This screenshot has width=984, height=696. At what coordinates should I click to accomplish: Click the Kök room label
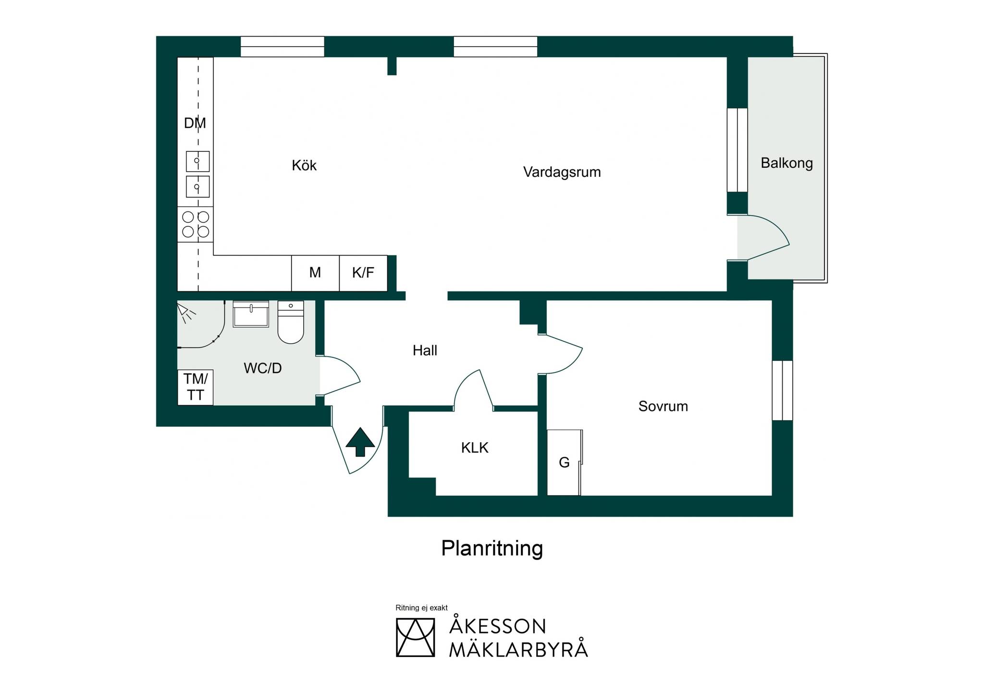pyautogui.click(x=304, y=165)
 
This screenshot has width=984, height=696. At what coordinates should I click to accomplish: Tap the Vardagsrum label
pyautogui.click(x=562, y=172)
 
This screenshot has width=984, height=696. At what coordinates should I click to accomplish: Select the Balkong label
pyautogui.click(x=787, y=163)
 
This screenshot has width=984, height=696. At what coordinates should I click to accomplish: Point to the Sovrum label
pyautogui.click(x=663, y=406)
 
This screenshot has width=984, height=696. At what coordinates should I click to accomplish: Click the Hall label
pyautogui.click(x=425, y=350)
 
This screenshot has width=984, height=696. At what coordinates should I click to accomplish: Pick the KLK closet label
pyautogui.click(x=475, y=448)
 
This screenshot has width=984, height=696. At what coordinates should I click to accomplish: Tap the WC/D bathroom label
pyautogui.click(x=262, y=368)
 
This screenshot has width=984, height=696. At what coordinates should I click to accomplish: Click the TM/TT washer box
pyautogui.click(x=196, y=387)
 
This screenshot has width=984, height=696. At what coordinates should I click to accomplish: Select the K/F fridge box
pyautogui.click(x=363, y=273)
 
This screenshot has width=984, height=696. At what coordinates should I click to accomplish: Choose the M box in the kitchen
pyautogui.click(x=315, y=273)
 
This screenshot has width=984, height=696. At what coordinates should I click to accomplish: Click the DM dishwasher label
pyautogui.click(x=195, y=123)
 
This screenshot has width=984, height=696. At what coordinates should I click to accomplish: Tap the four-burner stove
pyautogui.click(x=196, y=224)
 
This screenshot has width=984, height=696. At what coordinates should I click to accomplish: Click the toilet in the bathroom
pyautogui.click(x=291, y=322)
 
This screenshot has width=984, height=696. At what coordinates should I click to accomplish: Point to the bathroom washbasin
pyautogui.click(x=251, y=314)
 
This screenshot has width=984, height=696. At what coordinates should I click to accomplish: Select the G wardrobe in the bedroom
pyautogui.click(x=565, y=462)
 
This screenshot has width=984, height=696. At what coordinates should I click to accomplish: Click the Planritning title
pyautogui.click(x=492, y=548)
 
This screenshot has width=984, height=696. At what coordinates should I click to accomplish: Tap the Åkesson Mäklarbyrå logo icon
pyautogui.click(x=415, y=637)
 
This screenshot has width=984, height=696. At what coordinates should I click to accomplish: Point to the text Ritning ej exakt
pyautogui.click(x=421, y=608)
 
